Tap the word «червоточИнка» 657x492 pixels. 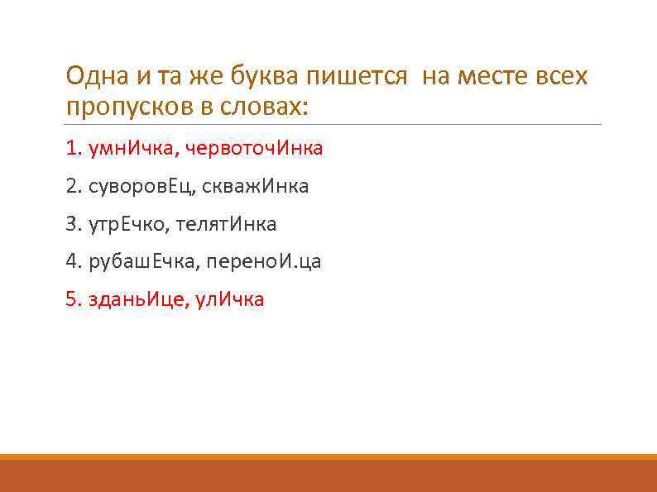coord(254,149)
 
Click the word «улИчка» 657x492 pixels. coord(229,299)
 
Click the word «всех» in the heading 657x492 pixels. coord(562,77)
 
